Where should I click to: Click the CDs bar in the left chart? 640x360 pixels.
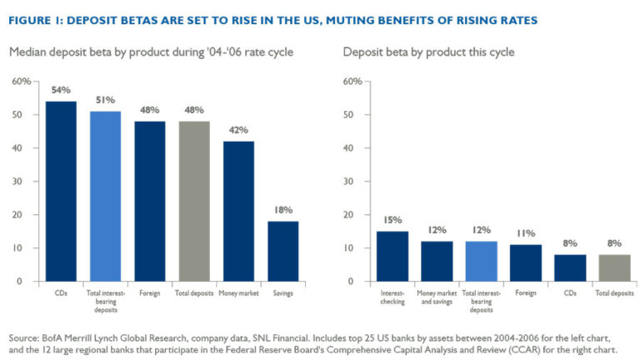(60, 191)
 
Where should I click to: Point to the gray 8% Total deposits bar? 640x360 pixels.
(615, 267)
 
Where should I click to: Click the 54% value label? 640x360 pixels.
(60, 90)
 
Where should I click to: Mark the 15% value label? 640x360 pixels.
(392, 220)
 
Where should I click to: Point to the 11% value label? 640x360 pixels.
(526, 233)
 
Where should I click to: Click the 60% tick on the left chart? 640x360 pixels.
(22, 82)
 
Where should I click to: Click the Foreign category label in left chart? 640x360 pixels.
(148, 293)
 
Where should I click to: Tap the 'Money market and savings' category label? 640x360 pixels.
(437, 297)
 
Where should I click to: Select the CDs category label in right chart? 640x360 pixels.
(570, 293)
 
